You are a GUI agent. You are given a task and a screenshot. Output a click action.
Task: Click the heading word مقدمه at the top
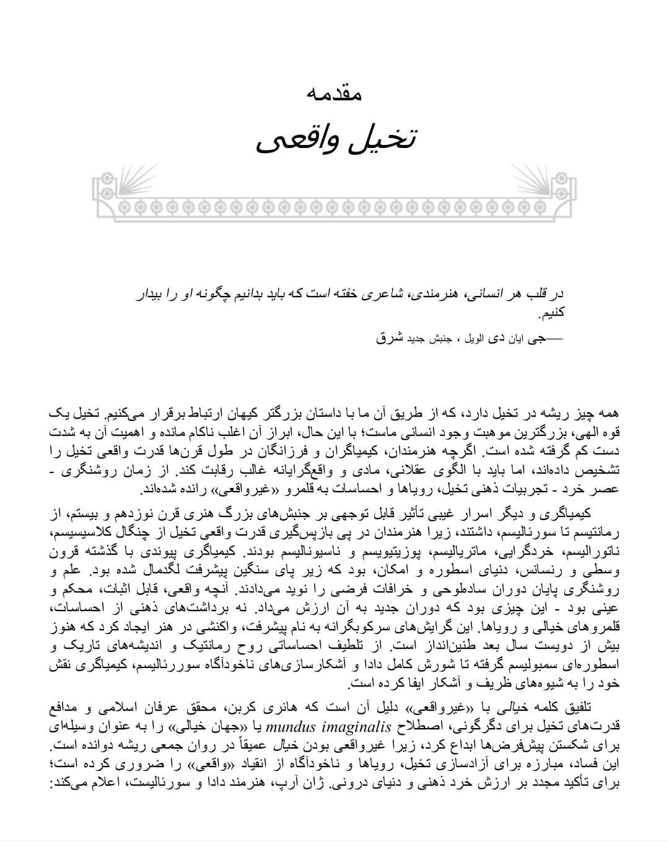(334, 93)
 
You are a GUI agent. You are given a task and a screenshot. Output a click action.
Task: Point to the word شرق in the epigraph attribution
(390, 338)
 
